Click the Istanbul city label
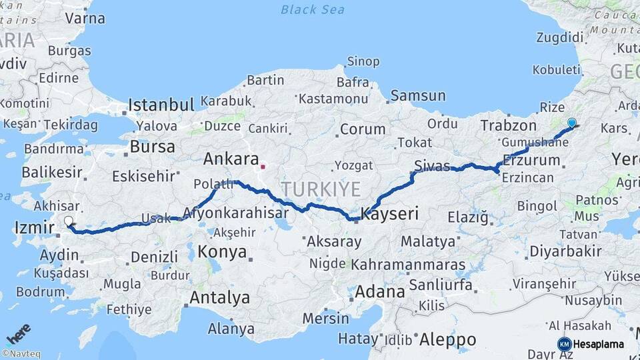click(x=161, y=105)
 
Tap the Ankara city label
click(x=231, y=159)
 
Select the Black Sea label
click(x=312, y=9)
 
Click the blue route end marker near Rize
click(x=571, y=123)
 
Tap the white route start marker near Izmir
click(x=69, y=221)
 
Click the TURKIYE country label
click(x=321, y=189)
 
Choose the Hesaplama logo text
click(x=598, y=344)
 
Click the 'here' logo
click(x=18, y=333)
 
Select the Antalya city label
click(x=219, y=297)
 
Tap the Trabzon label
click(x=508, y=125)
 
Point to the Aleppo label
click(x=447, y=339)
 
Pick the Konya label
click(x=223, y=253)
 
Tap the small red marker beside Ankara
click(x=264, y=167)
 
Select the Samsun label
click(x=418, y=95)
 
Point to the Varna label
click(x=85, y=18)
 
